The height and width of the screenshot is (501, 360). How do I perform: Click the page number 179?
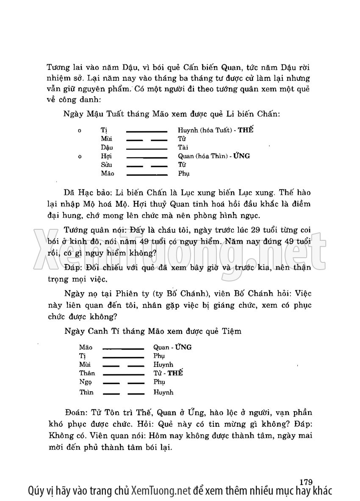click(305, 482)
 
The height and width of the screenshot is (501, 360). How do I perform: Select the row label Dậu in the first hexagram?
click(107, 148)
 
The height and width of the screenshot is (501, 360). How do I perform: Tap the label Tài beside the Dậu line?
click(183, 148)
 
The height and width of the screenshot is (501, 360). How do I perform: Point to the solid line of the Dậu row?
click(147, 148)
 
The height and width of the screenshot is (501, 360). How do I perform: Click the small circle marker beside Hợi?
click(80, 156)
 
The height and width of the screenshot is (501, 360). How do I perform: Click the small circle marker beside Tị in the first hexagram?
click(80, 130)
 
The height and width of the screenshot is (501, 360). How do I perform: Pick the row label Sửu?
click(107, 165)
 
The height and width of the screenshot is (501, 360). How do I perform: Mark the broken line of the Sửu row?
click(147, 165)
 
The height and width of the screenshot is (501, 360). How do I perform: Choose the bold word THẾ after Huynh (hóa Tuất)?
click(246, 130)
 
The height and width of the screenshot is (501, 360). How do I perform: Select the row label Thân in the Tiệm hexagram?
click(87, 373)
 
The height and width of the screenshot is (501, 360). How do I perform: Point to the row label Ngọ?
click(86, 382)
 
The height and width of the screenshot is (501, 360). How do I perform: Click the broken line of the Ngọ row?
click(123, 383)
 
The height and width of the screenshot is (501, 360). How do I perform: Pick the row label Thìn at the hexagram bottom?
click(86, 392)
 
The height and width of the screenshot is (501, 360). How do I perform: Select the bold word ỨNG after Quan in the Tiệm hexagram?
click(183, 347)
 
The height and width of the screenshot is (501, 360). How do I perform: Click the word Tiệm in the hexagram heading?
click(232, 331)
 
